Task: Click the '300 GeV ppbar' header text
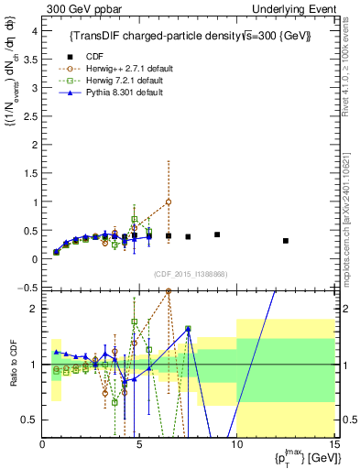(x=78, y=8)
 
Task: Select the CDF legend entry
(x=89, y=54)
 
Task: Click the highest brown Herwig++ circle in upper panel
(x=169, y=202)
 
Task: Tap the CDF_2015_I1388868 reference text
(x=190, y=272)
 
